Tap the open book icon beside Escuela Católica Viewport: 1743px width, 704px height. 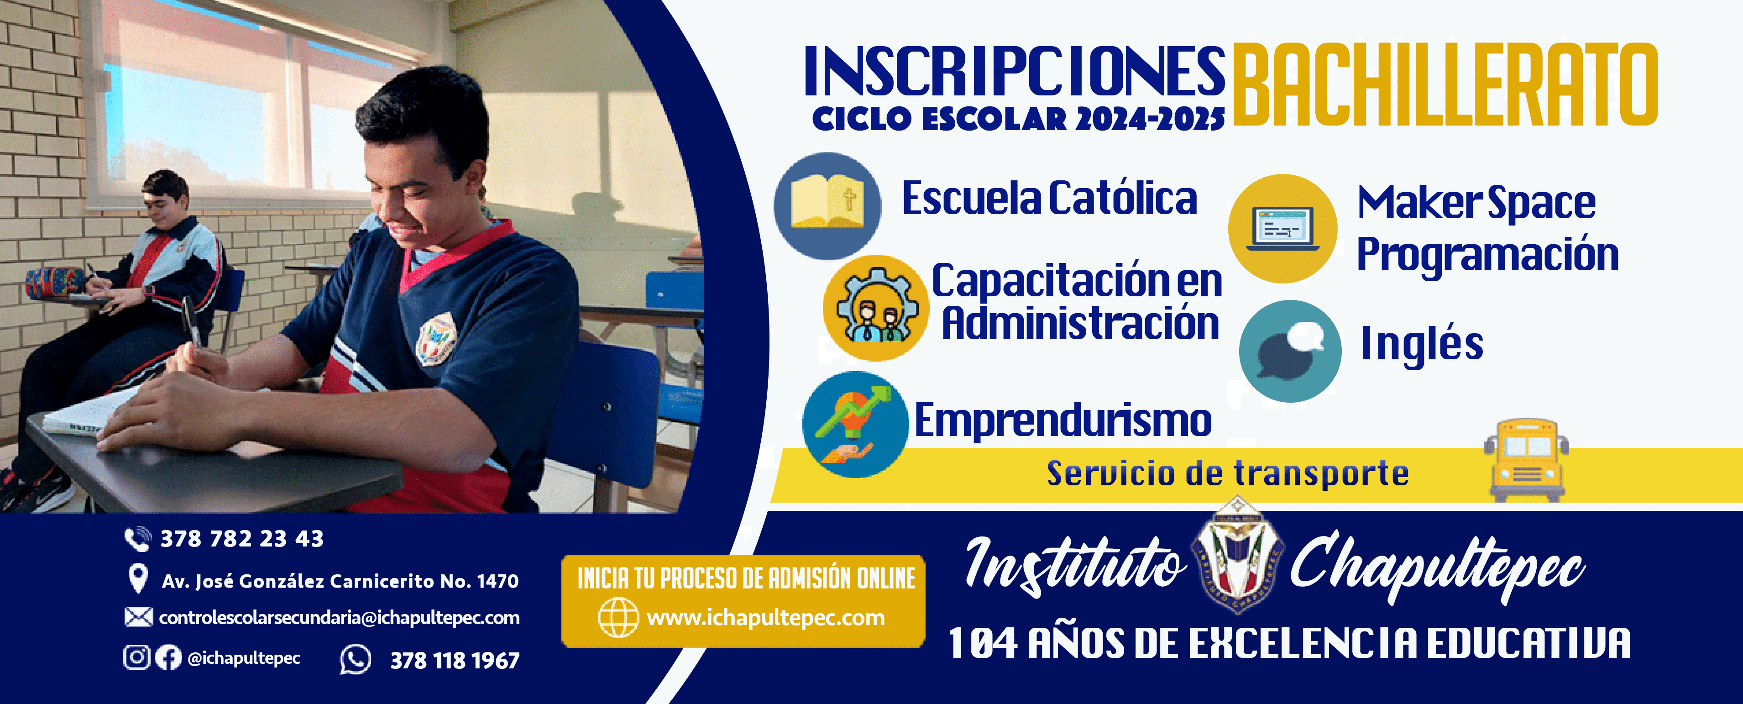[827, 205]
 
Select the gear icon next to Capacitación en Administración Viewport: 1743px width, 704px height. [875, 308]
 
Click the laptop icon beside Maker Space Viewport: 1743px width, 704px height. [1282, 228]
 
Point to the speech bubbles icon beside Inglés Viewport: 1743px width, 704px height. [1290, 351]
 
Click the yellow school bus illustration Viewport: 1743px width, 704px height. [1527, 460]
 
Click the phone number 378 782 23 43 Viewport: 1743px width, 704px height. [241, 539]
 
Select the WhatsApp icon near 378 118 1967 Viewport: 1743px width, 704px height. [355, 659]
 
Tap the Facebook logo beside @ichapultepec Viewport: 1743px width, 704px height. [168, 657]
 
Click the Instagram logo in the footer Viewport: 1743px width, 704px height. [136, 657]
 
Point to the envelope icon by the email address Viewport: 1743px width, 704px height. [138, 617]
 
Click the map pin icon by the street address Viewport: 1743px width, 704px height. [138, 579]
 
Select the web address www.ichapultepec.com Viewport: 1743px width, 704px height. [765, 617]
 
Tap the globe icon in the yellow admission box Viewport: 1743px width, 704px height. [618, 617]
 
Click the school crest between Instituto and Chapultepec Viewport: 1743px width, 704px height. [1237, 562]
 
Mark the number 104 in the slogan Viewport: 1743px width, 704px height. [983, 643]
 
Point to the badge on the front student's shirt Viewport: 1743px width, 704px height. [436, 338]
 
